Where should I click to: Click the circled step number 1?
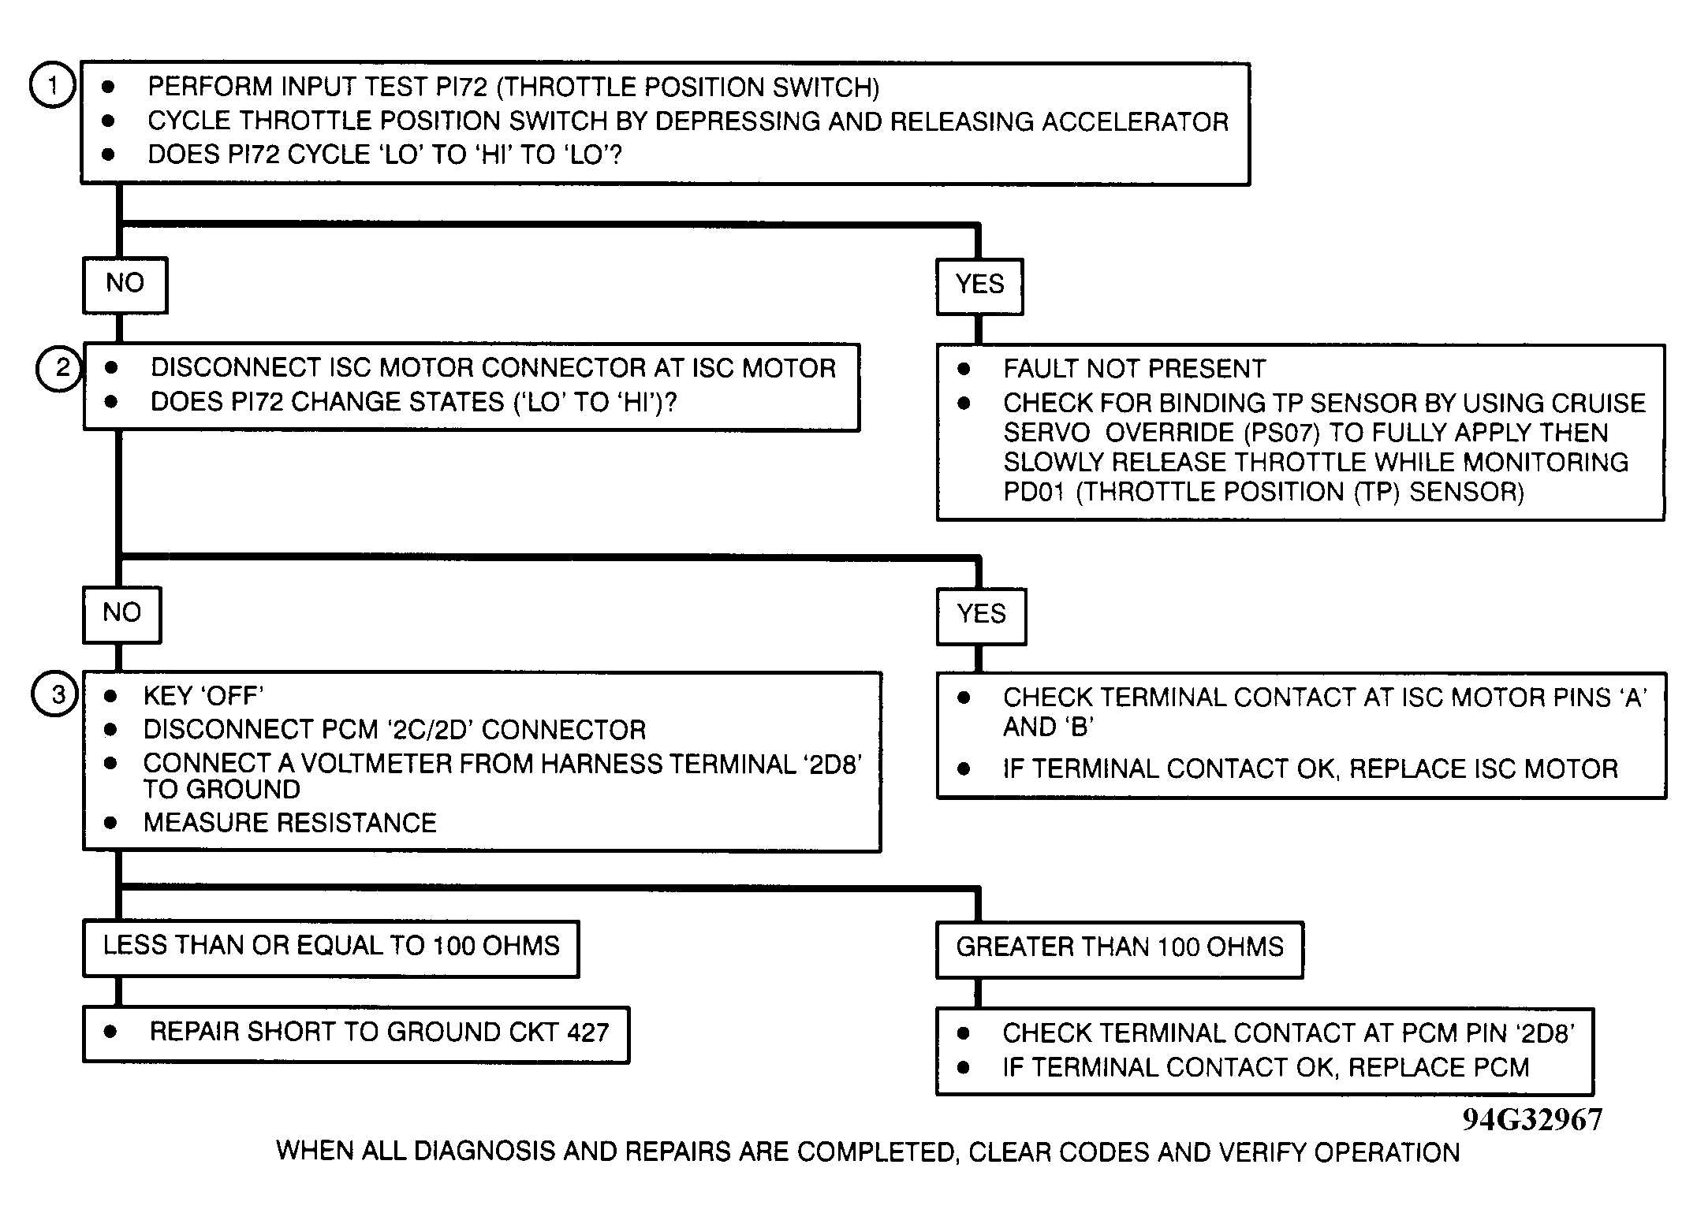(x=52, y=85)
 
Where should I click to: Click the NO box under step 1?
(x=125, y=285)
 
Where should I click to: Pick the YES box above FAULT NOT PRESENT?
(x=979, y=286)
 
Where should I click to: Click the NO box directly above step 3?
(x=121, y=614)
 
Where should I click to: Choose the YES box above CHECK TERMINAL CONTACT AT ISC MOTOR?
(x=981, y=616)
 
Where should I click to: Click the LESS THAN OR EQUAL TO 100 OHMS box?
(x=330, y=948)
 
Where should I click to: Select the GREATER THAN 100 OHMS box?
(x=1119, y=949)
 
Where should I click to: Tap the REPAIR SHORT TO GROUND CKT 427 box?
(x=356, y=1034)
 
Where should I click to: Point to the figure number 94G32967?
(x=1531, y=1120)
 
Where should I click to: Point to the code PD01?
(x=1033, y=493)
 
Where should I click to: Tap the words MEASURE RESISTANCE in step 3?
(x=289, y=824)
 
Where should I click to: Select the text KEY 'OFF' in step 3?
(x=203, y=697)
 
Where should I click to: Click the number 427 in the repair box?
(x=587, y=1033)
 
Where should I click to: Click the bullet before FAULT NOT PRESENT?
(x=964, y=369)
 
